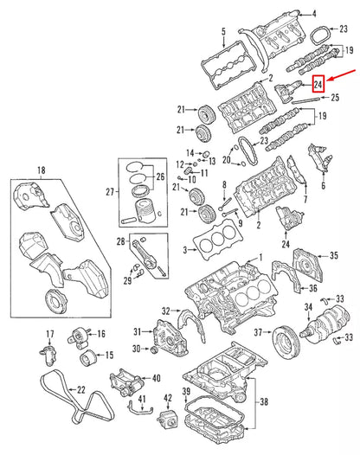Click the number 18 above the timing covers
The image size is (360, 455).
click(39, 170)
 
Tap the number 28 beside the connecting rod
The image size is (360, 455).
click(121, 240)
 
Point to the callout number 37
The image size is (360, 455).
click(258, 333)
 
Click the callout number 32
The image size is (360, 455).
click(165, 311)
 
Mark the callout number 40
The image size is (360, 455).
click(156, 377)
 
